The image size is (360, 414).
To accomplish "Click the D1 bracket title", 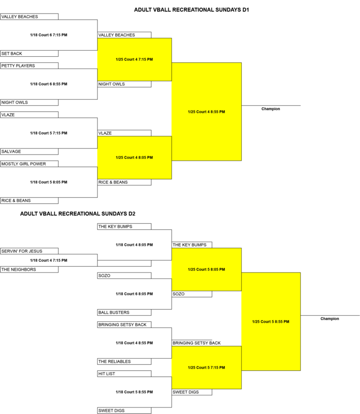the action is (x=191, y=10).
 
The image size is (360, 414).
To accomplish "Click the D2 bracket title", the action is (x=78, y=214).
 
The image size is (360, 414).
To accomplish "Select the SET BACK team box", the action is (x=29, y=53).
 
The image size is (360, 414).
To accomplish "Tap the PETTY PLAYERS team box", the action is (x=29, y=66).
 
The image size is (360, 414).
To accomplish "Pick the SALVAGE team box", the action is (x=29, y=152).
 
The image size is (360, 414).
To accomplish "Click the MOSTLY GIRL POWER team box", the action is (x=29, y=164).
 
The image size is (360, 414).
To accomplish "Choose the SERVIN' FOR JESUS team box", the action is (x=29, y=251).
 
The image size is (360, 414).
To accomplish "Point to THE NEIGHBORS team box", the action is (x=29, y=269).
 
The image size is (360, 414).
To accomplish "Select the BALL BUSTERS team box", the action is (x=124, y=312).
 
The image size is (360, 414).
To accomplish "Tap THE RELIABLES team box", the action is (x=124, y=362).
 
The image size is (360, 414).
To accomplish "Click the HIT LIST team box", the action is (x=124, y=374).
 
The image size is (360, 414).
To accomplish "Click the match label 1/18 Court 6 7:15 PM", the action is (x=49, y=35).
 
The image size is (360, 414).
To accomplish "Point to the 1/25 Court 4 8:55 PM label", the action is (x=206, y=111).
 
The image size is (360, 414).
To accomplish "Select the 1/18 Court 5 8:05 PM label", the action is (x=49, y=182).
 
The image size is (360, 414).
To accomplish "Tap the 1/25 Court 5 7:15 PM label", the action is (x=206, y=368).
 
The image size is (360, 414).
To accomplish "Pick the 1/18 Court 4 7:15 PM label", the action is (x=49, y=260).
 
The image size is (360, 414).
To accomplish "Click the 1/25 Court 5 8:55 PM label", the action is (x=270, y=322).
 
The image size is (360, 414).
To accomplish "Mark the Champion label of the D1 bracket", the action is (x=270, y=109).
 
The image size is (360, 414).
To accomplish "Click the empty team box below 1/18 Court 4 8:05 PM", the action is (x=124, y=263).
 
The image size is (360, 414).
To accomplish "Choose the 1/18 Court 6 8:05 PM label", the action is (x=134, y=294).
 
